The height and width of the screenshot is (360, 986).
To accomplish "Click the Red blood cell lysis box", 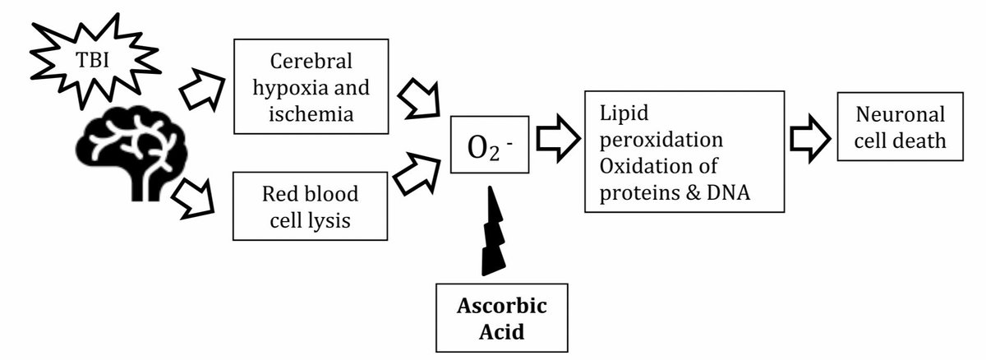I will (310, 205).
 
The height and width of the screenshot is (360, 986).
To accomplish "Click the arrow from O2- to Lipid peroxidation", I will (556, 140).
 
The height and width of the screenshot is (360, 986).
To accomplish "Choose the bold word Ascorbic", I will (503, 307).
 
